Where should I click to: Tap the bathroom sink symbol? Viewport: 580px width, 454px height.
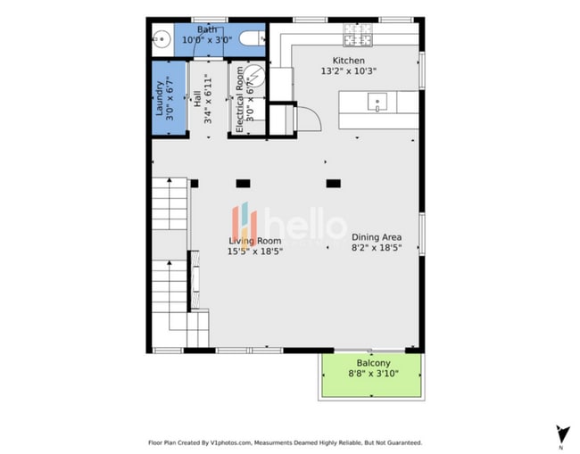click(162, 38)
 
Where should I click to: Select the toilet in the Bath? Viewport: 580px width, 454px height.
click(254, 38)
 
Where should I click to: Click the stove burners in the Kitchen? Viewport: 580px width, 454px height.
click(357, 37)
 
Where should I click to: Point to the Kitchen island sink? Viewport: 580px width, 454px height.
click(377, 102)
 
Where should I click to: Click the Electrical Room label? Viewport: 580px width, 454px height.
click(239, 100)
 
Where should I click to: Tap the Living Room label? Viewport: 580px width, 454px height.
click(254, 241)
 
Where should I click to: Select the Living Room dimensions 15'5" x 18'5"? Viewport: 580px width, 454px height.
click(254, 252)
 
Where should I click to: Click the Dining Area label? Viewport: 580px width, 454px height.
click(376, 237)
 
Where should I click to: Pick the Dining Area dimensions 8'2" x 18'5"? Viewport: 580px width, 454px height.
click(376, 247)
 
